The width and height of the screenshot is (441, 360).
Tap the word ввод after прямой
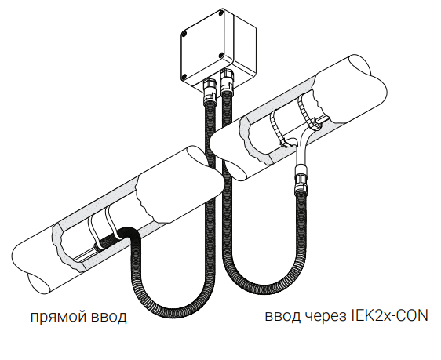(109, 317)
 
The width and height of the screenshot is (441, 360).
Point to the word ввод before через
(282, 316)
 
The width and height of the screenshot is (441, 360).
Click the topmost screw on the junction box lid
(222, 13)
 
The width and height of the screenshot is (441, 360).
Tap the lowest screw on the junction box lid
(184, 76)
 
